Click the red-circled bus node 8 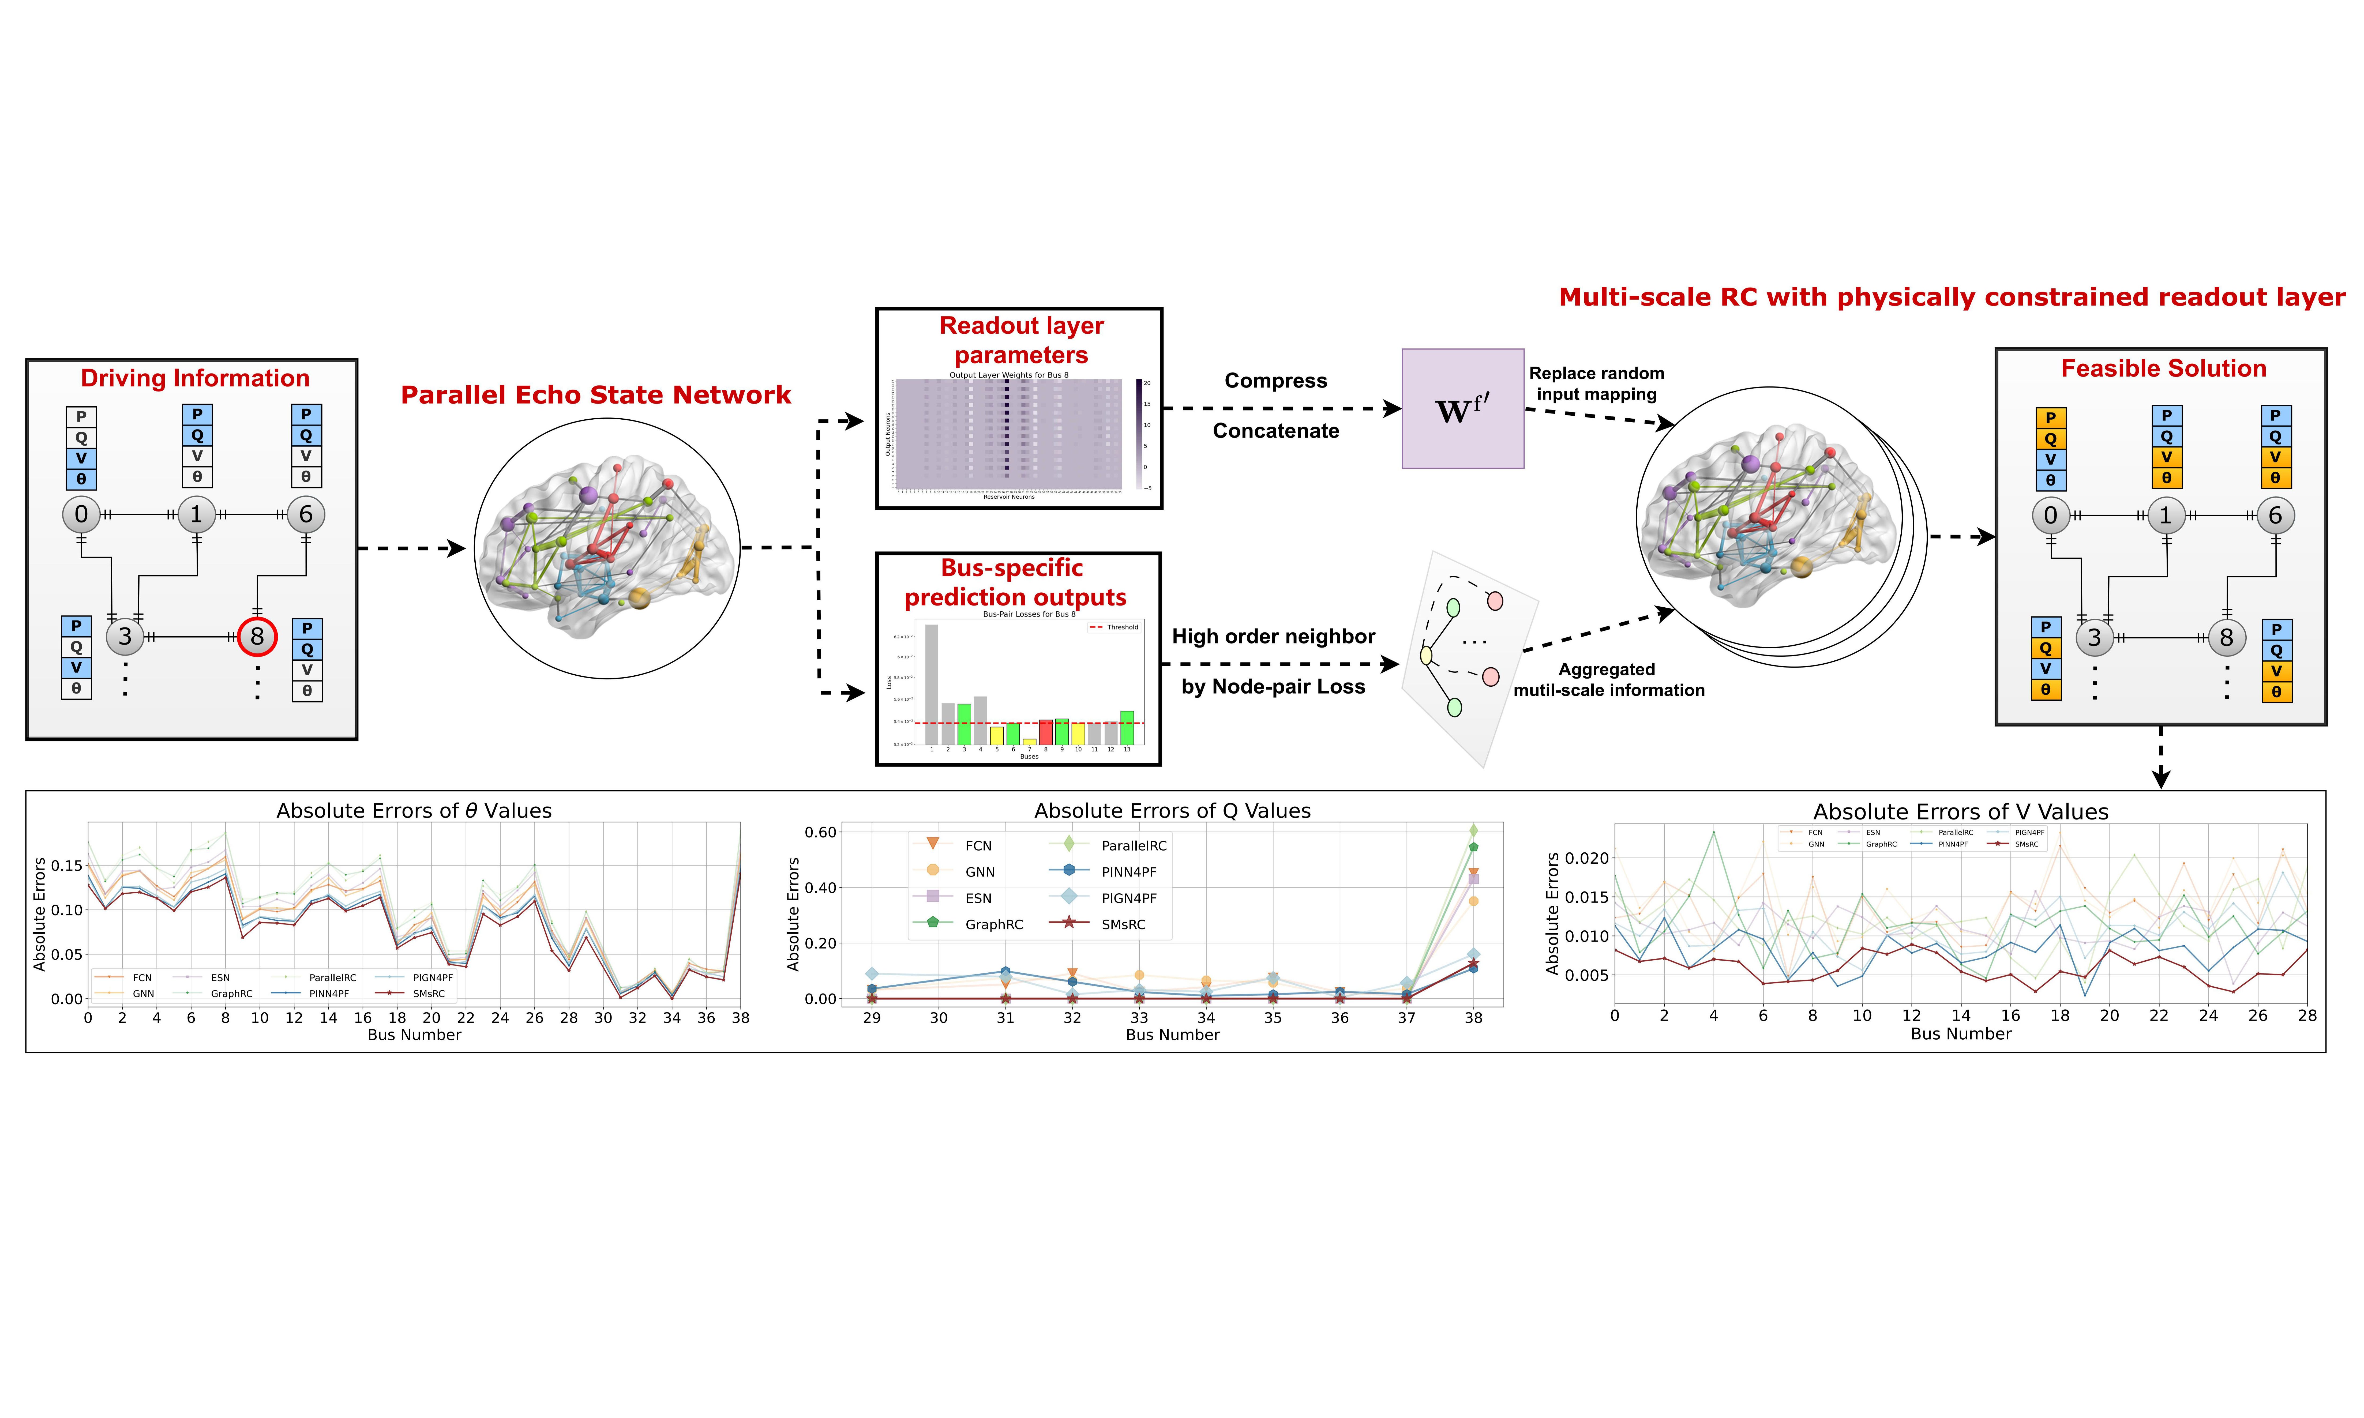click(257, 636)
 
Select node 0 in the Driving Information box click(81, 514)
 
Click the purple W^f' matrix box click(1462, 409)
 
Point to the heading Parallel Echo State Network click(595, 395)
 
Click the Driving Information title click(195, 378)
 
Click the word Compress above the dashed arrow click(1276, 381)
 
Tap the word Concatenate click(1276, 431)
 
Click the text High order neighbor click(1273, 636)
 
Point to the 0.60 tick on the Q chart click(820, 832)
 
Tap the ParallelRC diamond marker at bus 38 click(1473, 830)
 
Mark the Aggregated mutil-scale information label click(1608, 679)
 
